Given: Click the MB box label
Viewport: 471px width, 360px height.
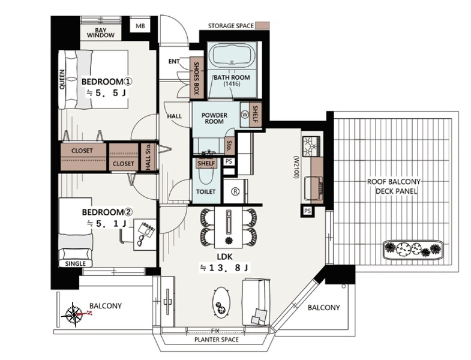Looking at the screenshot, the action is click(140, 26).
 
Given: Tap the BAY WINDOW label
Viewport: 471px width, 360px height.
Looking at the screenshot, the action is click(101, 33).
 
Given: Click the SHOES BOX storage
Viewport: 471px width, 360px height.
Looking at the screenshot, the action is click(196, 78).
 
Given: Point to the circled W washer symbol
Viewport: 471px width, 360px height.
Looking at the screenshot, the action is click(245, 115).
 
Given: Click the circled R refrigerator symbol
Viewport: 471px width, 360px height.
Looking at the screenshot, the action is click(235, 191).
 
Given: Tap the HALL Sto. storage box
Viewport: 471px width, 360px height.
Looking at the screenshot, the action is click(148, 157).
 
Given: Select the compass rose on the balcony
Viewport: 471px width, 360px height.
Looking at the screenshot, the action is click(74, 314).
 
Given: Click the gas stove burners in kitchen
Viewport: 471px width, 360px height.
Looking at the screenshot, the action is click(312, 146).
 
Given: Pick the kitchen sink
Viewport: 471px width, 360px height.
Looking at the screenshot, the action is click(314, 189).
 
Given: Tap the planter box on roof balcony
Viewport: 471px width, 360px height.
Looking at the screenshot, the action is click(413, 249).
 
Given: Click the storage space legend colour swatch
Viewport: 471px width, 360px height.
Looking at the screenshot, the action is click(263, 26).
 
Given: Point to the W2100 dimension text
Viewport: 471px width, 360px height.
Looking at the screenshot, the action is click(296, 167).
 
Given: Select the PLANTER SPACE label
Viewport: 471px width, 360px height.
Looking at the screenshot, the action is click(217, 340).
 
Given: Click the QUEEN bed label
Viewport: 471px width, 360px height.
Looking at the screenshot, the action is click(62, 79).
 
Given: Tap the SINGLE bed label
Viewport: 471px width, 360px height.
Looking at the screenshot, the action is click(76, 263).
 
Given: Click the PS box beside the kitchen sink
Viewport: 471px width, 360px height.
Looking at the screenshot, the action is click(307, 211).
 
